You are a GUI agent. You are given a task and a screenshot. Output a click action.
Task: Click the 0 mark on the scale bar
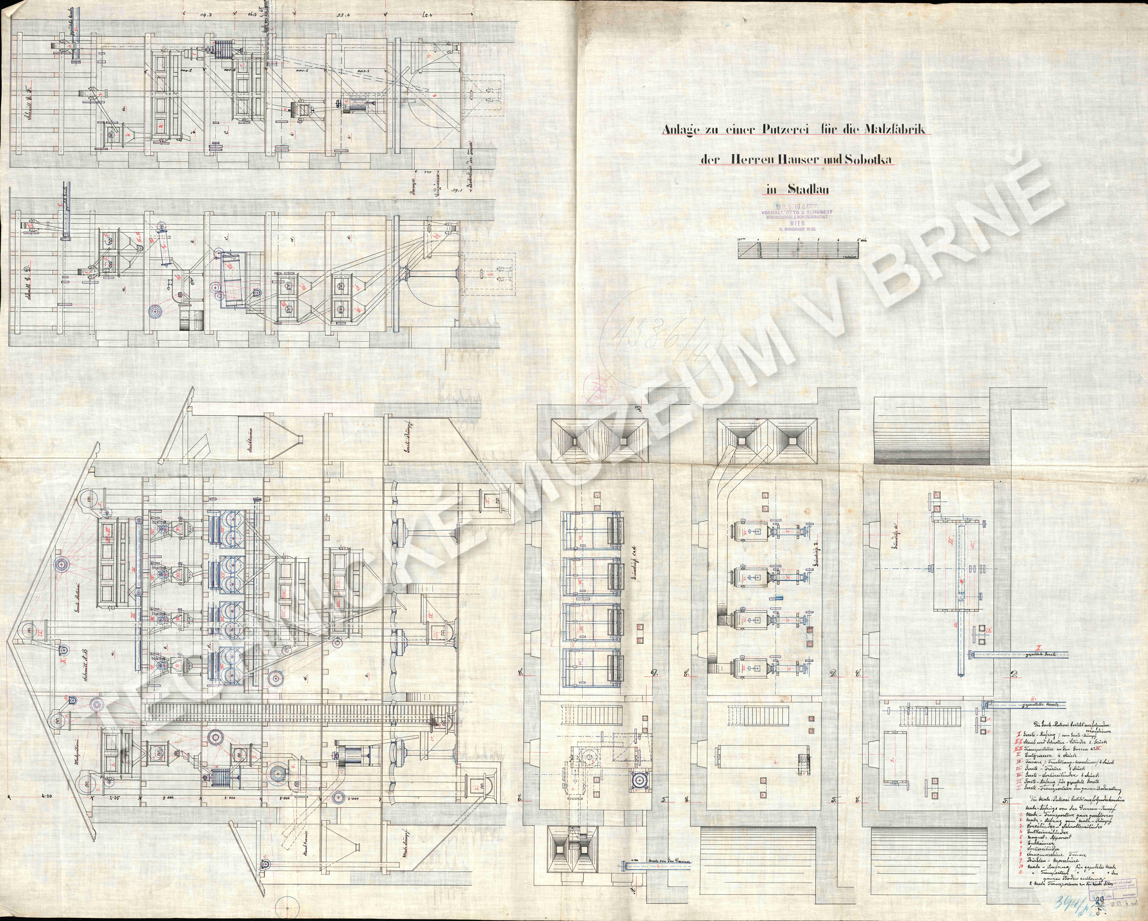[758, 240]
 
